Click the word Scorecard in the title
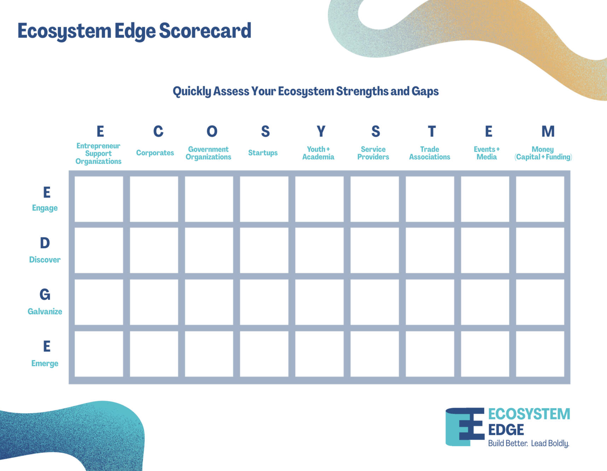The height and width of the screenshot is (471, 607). pos(205,30)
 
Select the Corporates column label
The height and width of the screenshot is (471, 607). pos(155,153)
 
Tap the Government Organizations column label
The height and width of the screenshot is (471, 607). pos(208,153)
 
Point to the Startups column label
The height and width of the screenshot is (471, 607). pos(263,153)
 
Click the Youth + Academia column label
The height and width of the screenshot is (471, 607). pos(318,153)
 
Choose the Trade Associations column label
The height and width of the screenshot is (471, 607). pos(430,153)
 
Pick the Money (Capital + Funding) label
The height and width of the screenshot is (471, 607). pos(543,153)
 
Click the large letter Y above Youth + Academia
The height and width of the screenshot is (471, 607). pos(321,131)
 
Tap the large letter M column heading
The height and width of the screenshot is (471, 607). pos(548,131)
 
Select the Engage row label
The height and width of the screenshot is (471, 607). pos(45,208)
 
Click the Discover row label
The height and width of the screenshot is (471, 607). pos(45,260)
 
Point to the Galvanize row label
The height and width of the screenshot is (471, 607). pos(45,311)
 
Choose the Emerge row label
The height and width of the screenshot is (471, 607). pos(45,363)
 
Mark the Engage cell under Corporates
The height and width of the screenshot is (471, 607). pos(154,199)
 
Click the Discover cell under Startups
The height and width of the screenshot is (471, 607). pos(264,250)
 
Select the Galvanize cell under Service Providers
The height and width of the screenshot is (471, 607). pos(375,302)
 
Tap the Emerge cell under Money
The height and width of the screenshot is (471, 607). pos(540,354)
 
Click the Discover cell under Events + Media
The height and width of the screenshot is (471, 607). pos(485,250)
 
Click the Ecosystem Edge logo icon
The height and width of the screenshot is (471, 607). pos(465,427)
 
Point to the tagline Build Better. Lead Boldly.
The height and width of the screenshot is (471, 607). pos(529,443)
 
